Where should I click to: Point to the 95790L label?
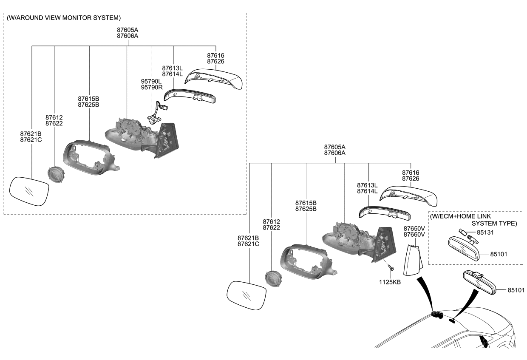(151, 81)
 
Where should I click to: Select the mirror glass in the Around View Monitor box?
(29, 191)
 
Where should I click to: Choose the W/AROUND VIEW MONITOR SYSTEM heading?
(64, 18)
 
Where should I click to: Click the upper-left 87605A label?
(127, 30)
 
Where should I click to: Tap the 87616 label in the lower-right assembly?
(411, 173)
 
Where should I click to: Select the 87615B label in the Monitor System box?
(88, 99)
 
